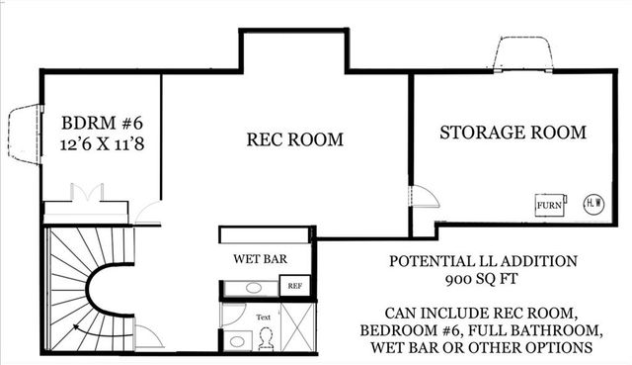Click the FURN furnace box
pyautogui.click(x=549, y=205)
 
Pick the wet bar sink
pyautogui.click(x=253, y=287)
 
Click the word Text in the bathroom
pyautogui.click(x=264, y=318)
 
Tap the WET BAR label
pyautogui.click(x=260, y=259)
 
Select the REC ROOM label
pyautogui.click(x=294, y=140)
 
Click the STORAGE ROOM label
pyautogui.click(x=513, y=132)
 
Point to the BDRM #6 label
pyautogui.click(x=103, y=124)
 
